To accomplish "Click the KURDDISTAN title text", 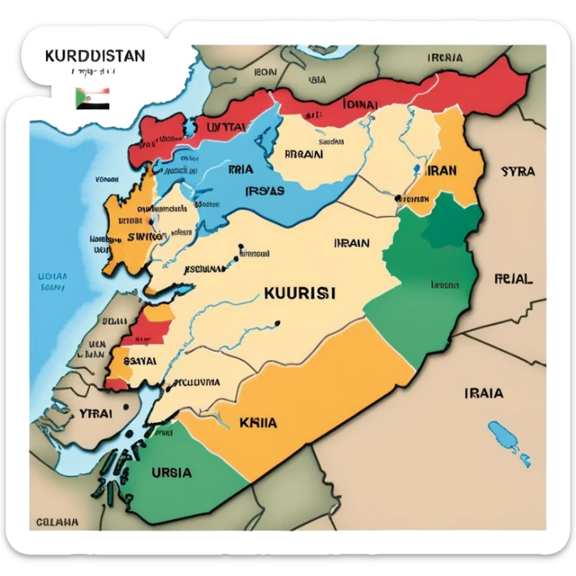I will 95,58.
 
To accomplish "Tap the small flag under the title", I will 92,98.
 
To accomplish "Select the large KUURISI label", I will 299,293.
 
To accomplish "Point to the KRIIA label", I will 258,422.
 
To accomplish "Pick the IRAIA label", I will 484,393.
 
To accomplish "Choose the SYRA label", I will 517,171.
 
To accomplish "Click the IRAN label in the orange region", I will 441,171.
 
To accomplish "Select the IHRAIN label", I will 351,243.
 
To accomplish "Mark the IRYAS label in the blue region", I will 264,191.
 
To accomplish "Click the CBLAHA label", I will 58,521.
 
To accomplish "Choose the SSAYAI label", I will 136,359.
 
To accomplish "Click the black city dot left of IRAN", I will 398,198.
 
